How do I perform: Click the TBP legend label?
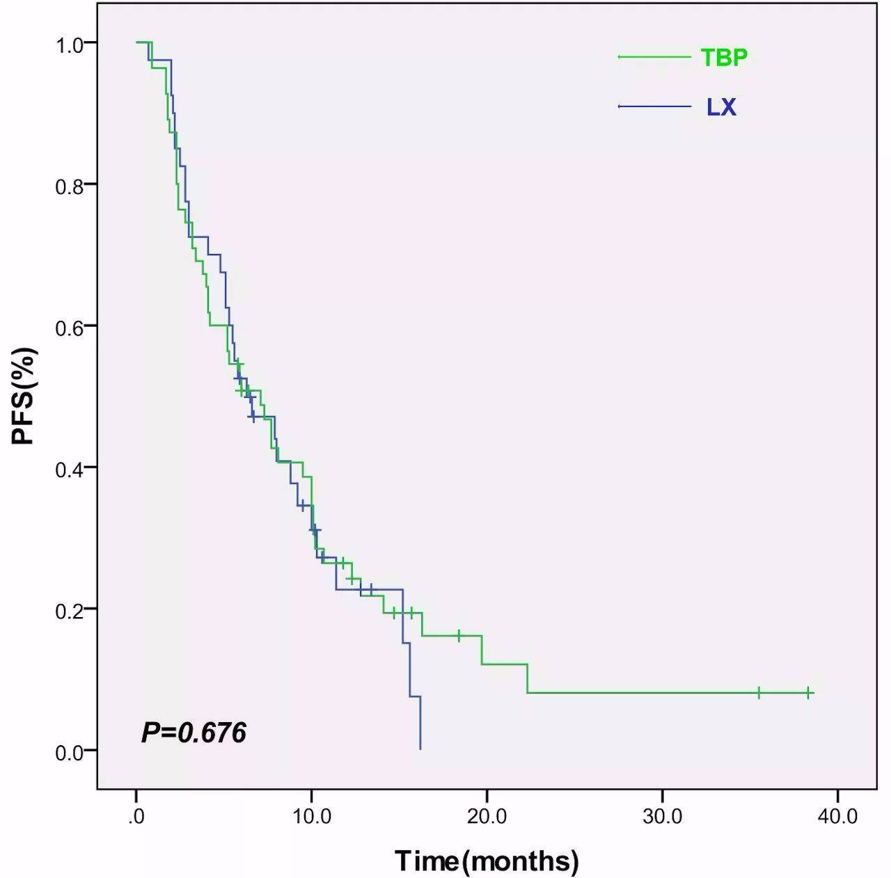[x=724, y=57]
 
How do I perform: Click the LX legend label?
[x=721, y=107]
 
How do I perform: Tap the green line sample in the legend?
[x=654, y=56]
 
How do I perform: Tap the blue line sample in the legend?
[x=654, y=106]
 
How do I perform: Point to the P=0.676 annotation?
[x=194, y=733]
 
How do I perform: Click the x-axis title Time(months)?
[x=487, y=861]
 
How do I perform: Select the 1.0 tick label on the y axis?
[x=70, y=45]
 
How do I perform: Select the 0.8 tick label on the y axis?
[x=70, y=186]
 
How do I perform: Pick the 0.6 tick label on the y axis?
[x=70, y=328]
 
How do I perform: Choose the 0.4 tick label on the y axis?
[x=70, y=469]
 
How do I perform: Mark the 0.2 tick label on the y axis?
[x=70, y=610]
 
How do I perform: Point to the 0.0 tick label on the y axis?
[x=70, y=752]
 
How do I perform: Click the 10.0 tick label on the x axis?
[x=311, y=815]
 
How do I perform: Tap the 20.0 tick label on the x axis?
[x=487, y=815]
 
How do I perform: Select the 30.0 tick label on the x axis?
[x=662, y=815]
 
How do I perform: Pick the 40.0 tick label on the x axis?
[x=837, y=815]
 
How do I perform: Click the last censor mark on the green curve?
[x=808, y=693]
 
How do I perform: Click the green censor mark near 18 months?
[x=459, y=635]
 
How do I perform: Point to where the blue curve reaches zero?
[x=420, y=749]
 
